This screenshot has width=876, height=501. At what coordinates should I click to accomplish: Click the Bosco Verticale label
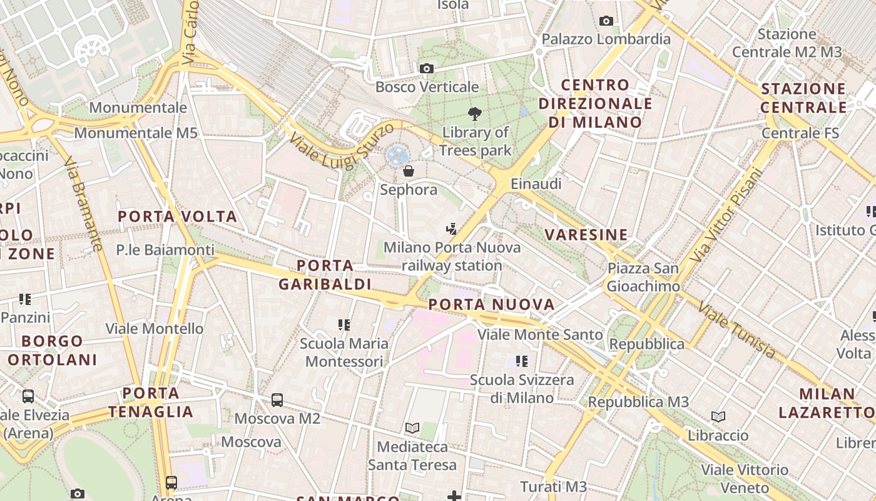(x=427, y=87)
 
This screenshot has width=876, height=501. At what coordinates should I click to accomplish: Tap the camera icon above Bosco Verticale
(x=427, y=68)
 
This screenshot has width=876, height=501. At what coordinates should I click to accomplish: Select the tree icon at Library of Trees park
(x=475, y=114)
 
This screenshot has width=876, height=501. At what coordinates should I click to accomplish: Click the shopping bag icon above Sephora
(x=409, y=170)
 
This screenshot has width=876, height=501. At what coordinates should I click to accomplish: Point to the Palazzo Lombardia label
(x=606, y=39)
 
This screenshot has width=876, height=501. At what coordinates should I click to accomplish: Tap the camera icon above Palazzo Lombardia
(x=606, y=21)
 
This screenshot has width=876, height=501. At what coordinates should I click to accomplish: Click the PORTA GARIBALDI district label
(x=325, y=275)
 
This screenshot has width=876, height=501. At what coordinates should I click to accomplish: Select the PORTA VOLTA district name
(x=178, y=217)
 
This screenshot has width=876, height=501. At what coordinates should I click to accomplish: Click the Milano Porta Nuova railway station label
(x=452, y=256)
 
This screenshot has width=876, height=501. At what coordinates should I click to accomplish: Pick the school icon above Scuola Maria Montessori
(x=344, y=324)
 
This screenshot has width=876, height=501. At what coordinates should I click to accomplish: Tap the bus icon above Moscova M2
(x=277, y=400)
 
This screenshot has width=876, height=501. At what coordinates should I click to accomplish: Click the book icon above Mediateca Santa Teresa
(x=412, y=428)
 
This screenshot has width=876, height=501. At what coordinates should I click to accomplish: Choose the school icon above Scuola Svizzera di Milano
(x=522, y=361)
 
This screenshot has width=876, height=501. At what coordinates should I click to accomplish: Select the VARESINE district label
(x=586, y=235)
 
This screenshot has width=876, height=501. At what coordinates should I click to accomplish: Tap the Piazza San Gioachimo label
(x=643, y=277)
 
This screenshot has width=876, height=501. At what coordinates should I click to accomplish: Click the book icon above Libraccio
(x=718, y=416)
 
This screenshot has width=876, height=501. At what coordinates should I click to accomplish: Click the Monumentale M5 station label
(x=136, y=133)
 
